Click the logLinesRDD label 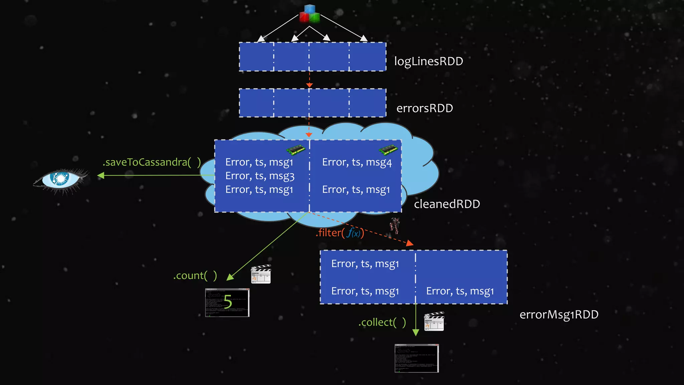429,61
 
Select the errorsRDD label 424,108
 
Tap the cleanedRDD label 447,204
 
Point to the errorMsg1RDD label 559,314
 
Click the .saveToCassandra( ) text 152,162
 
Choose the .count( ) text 195,276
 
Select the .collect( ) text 382,323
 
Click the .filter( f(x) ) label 340,233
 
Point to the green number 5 228,301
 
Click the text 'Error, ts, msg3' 260,176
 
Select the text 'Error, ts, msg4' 357,162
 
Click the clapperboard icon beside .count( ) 261,274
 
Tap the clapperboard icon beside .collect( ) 434,322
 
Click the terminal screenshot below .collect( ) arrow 416,358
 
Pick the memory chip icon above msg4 388,150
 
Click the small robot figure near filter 395,226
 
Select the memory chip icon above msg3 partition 296,150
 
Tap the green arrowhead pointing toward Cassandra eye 101,175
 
